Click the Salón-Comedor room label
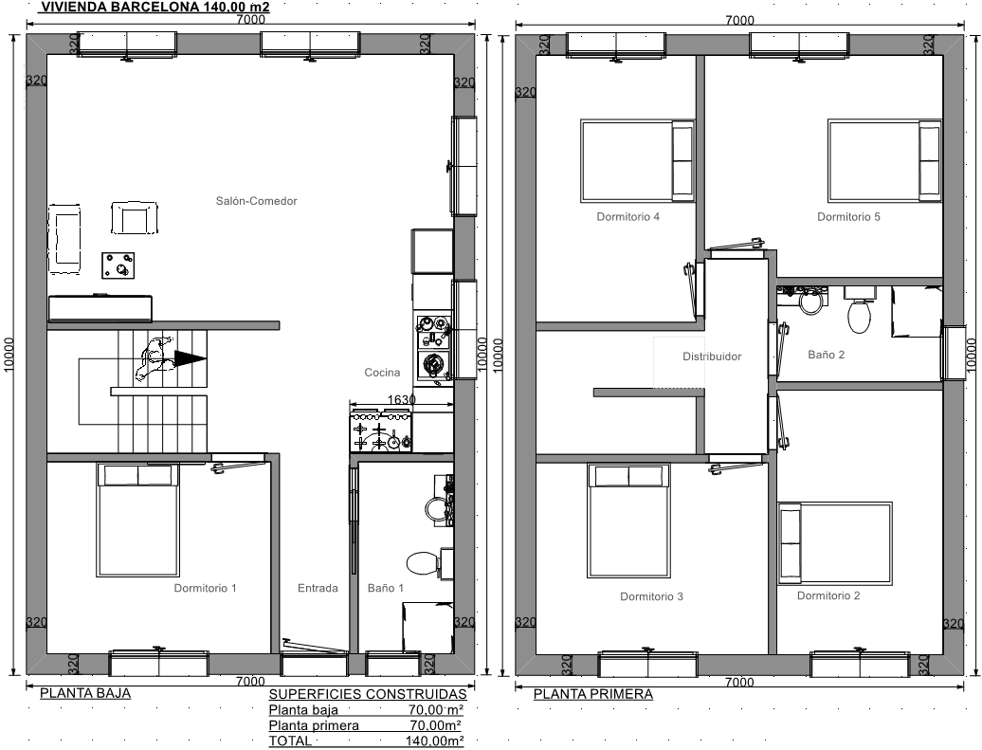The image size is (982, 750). tap(256, 201)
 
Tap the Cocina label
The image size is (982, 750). tap(382, 373)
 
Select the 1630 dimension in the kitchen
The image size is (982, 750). tap(402, 399)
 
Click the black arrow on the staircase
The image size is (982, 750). tap(191, 358)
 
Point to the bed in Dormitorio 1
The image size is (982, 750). tap(137, 520)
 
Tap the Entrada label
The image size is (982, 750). tap(318, 588)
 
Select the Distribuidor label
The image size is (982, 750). tap(712, 357)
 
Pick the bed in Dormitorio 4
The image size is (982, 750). tap(638, 161)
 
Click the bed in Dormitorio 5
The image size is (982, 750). tap(885, 160)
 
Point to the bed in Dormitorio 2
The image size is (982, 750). tap(835, 543)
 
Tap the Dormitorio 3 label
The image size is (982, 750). tap(651, 596)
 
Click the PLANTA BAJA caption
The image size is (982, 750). tap(85, 693)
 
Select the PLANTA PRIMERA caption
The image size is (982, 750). tap(593, 694)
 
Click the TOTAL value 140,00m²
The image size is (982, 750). tap(435, 741)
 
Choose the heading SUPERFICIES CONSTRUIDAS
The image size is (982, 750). tap(368, 694)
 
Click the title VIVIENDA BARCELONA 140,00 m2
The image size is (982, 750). tap(155, 7)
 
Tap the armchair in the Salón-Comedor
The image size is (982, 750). tap(134, 217)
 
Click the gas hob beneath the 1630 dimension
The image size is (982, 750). tap(381, 430)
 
